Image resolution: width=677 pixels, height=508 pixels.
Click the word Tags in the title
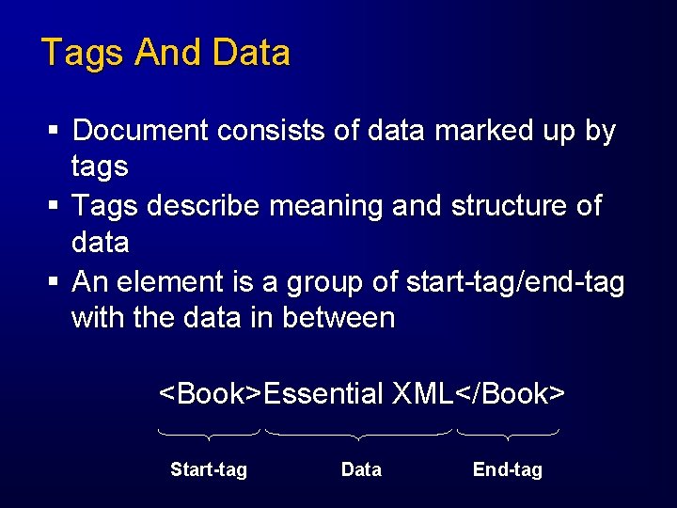point(82,53)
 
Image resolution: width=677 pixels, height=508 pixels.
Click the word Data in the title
point(251,53)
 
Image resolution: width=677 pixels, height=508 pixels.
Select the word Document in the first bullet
point(142,131)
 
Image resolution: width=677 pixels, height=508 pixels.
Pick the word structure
point(499,205)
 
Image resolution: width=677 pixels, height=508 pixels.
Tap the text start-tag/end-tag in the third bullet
point(514,281)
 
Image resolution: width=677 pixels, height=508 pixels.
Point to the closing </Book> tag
point(510,393)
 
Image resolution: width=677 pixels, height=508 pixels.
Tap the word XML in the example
point(422,393)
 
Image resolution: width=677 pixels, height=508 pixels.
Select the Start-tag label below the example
point(209,469)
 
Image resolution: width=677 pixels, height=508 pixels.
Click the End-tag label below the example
point(508,469)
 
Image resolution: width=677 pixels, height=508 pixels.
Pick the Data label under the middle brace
point(361,469)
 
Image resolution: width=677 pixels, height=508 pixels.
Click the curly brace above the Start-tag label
point(209,435)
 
